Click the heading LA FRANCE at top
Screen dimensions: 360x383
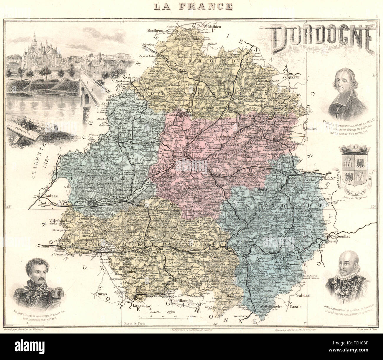(191, 6)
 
